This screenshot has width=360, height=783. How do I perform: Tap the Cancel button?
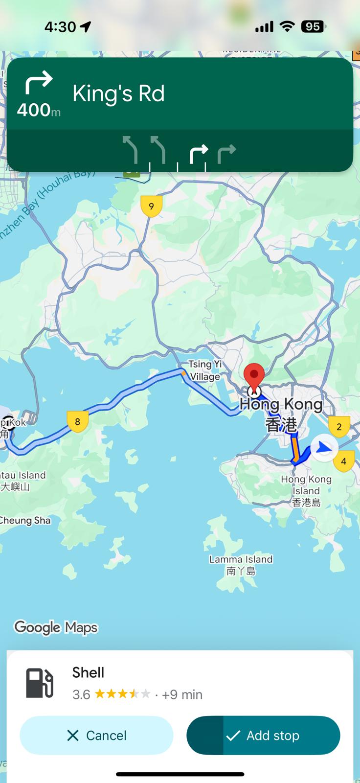pyautogui.click(x=96, y=735)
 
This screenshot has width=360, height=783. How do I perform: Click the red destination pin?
pyautogui.click(x=254, y=376)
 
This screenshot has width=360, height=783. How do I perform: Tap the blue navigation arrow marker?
pyautogui.click(x=324, y=448)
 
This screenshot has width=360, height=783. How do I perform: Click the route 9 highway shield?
pyautogui.click(x=151, y=206)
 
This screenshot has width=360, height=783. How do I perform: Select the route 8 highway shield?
pyautogui.click(x=77, y=421)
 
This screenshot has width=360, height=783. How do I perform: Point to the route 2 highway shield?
pyautogui.click(x=339, y=427)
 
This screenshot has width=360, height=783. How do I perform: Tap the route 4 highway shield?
pyautogui.click(x=344, y=461)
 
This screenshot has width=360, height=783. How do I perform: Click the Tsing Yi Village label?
pyautogui.click(x=205, y=370)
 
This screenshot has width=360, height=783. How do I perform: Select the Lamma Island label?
pyautogui.click(x=241, y=565)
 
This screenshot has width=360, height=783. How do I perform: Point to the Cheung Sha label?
pyautogui.click(x=25, y=520)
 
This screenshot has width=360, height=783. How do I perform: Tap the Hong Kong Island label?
pyautogui.click(x=306, y=490)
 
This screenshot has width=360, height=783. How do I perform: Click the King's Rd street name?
pyautogui.click(x=118, y=93)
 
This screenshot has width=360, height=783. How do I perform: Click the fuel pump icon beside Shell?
pyautogui.click(x=39, y=683)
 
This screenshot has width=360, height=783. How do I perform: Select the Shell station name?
pyautogui.click(x=88, y=672)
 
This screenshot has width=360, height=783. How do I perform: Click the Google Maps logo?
pyautogui.click(x=56, y=627)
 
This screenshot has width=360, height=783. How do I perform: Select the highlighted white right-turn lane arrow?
pyautogui.click(x=199, y=154)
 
